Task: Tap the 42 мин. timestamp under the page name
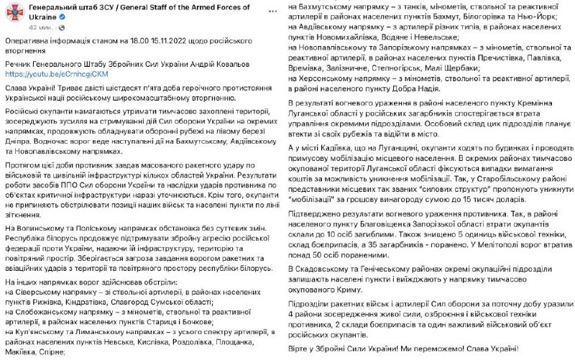pyautogui.click(x=41, y=25)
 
